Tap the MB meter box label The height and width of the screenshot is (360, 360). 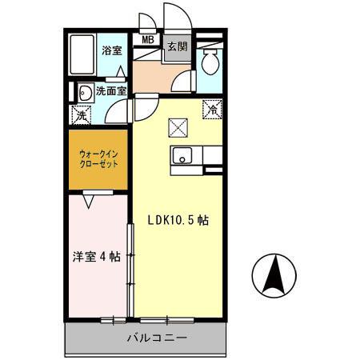[148, 39]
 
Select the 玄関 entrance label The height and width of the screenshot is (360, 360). [177, 46]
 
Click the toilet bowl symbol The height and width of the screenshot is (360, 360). [211, 62]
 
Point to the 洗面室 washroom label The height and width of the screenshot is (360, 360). [111, 90]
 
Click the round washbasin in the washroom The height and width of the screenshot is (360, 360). [83, 91]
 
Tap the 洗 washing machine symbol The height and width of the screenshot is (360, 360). [82, 115]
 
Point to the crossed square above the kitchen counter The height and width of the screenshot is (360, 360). [178, 126]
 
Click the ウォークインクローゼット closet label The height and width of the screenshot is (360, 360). [98, 156]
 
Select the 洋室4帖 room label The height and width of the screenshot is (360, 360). [96, 258]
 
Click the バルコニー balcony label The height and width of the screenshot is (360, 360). [157, 337]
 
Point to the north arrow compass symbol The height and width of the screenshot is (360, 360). [274, 275]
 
